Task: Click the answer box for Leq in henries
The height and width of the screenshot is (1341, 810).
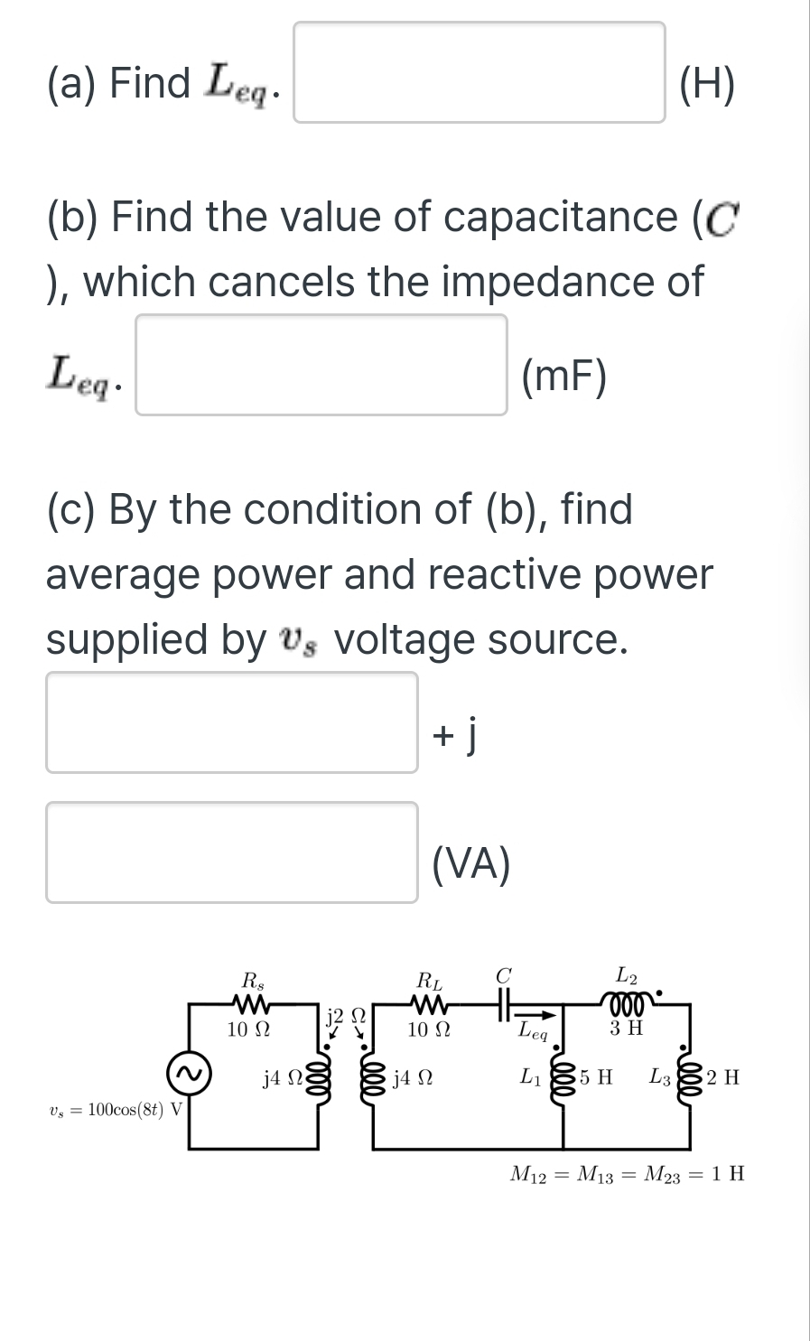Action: [x=479, y=72]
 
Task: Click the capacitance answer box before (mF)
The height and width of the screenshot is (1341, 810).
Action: [x=321, y=365]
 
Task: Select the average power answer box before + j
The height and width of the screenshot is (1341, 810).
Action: [x=232, y=722]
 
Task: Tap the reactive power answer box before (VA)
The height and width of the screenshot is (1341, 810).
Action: [x=232, y=852]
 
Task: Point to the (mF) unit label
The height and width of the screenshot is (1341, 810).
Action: [x=565, y=377]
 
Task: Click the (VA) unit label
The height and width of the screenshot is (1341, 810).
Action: [x=471, y=863]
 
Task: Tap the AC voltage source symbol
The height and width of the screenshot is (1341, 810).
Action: [x=189, y=1074]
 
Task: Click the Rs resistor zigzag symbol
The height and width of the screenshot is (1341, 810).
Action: [x=249, y=1004]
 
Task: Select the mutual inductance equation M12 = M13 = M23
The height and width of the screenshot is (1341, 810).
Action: [x=628, y=1175]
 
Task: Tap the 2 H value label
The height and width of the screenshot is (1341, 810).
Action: [x=723, y=1077]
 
